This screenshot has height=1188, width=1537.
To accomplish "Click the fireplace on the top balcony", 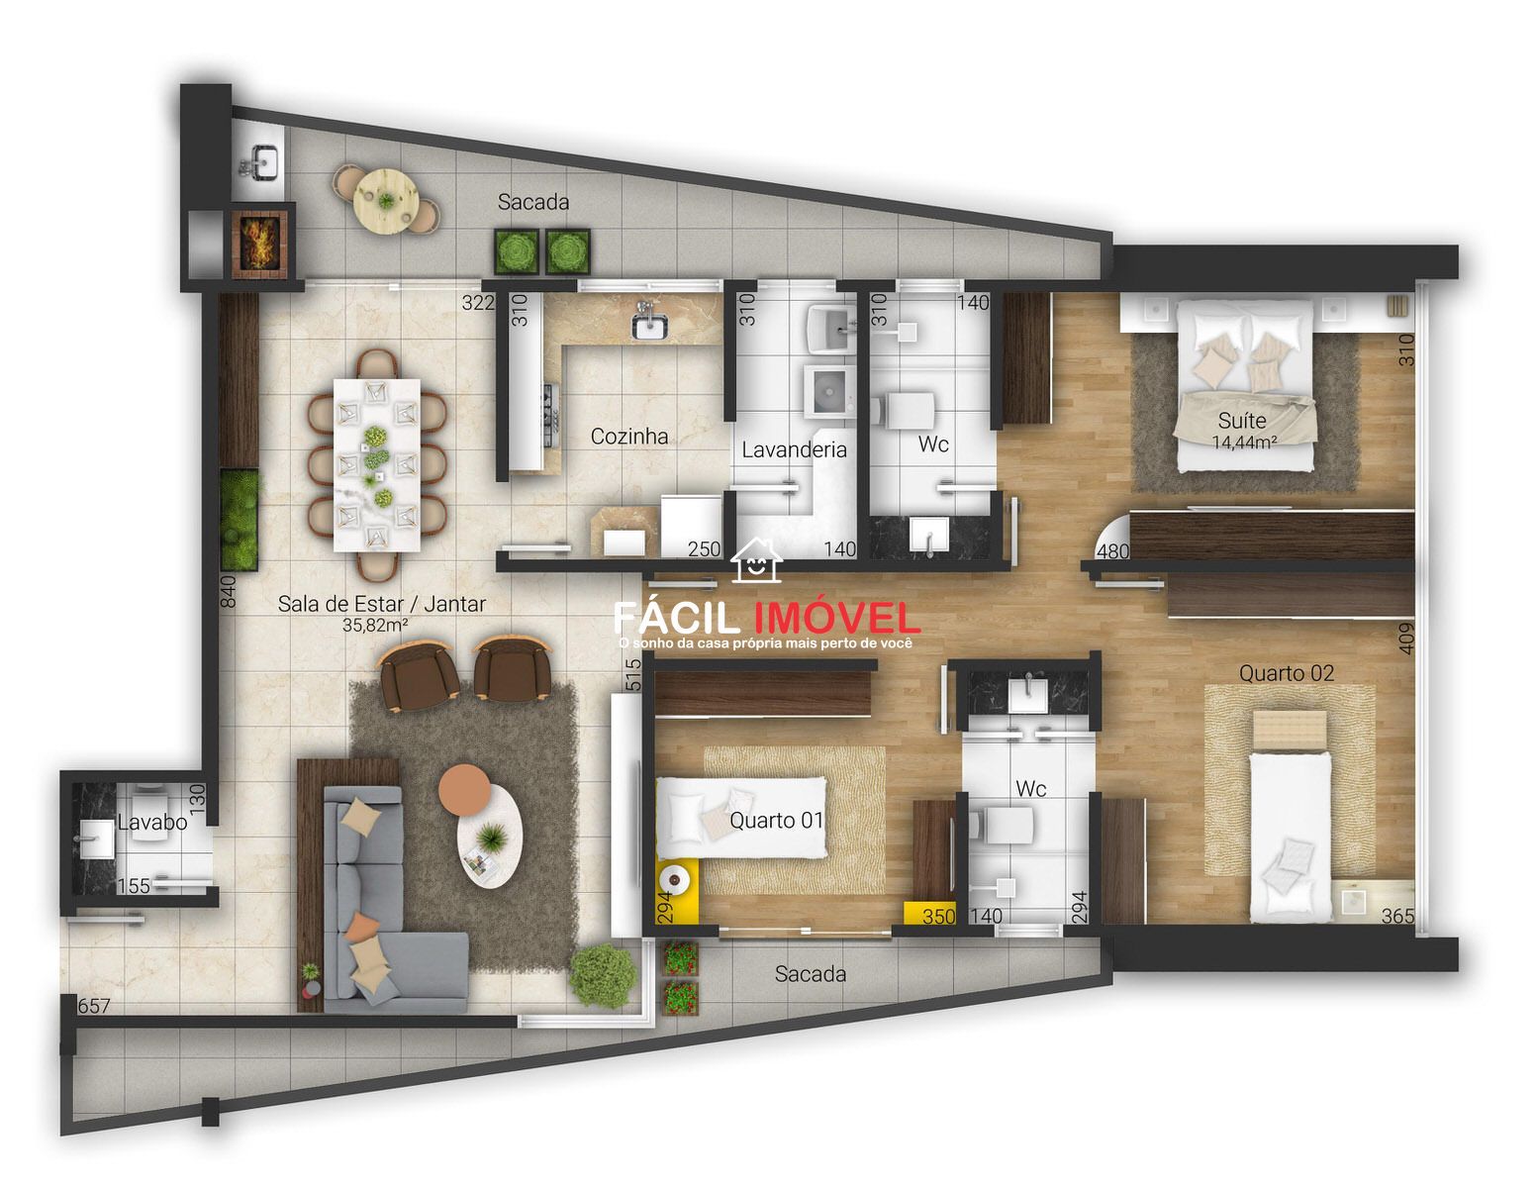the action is point(258,242).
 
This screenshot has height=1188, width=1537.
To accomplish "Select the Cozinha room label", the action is point(628,436).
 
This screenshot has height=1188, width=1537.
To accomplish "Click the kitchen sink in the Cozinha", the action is point(649,326).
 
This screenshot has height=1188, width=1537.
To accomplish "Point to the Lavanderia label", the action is point(794,449).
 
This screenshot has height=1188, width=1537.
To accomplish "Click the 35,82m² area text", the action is point(375,625).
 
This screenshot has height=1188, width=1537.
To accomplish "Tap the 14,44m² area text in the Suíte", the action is point(1244,443).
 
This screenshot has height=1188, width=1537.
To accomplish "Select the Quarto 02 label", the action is point(1286,673).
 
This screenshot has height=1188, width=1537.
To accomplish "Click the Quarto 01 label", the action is point(777,820).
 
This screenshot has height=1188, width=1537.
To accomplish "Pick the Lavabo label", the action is point(152,822).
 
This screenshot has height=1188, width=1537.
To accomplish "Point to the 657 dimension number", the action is point(93,1006).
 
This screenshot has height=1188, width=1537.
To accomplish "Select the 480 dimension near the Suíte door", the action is point(1112,551).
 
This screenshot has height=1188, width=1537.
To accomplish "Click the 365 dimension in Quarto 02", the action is point(1397,916).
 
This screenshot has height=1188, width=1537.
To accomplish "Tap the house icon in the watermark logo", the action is point(756,560).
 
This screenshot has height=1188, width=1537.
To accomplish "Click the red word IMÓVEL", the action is point(836,619).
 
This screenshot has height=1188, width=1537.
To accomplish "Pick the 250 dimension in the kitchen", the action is point(704,549).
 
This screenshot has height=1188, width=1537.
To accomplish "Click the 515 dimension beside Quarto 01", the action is point(633,674).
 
